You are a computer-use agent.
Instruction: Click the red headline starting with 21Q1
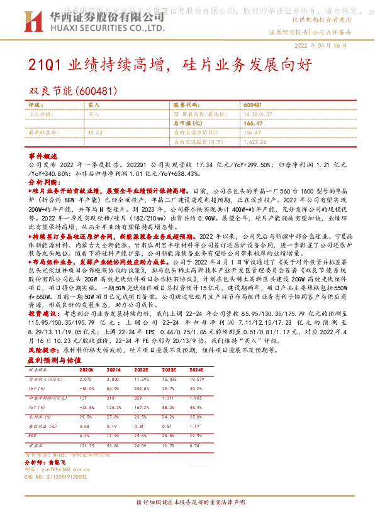pyautogui.click(x=169, y=64)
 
